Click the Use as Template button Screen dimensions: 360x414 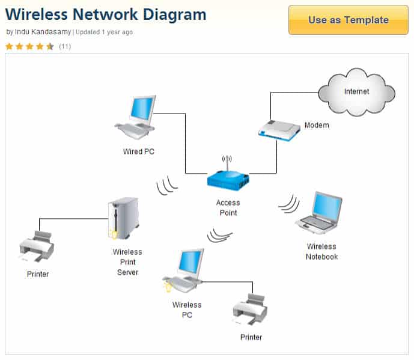[348, 20]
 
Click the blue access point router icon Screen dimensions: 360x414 [228, 178]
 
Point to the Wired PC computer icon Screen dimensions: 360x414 [136, 117]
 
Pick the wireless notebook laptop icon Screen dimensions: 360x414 [319, 213]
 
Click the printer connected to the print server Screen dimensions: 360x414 [37, 246]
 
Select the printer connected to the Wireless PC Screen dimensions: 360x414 [250, 310]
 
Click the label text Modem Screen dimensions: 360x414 [317, 126]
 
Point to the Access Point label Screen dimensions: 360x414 [228, 208]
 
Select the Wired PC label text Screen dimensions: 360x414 [139, 151]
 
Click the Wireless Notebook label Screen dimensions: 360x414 [321, 252]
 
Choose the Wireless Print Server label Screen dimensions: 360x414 [127, 262]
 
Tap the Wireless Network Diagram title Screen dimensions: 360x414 [106, 14]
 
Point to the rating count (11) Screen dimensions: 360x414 [65, 46]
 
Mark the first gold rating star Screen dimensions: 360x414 [10, 46]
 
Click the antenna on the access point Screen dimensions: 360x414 [227, 161]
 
